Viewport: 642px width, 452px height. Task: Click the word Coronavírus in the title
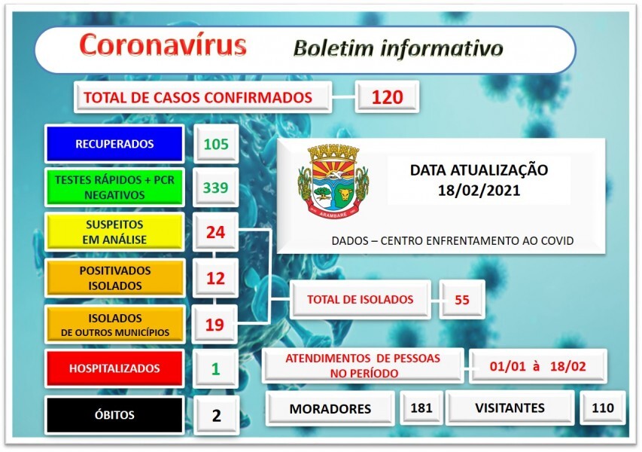pos(163,46)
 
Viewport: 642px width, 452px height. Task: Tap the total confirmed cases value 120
pos(386,97)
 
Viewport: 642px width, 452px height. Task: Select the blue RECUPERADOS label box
pos(114,144)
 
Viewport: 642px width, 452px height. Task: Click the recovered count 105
pos(215,144)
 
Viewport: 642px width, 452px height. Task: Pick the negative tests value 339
pos(215,188)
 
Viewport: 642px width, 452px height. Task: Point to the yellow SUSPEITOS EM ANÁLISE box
pos(114,232)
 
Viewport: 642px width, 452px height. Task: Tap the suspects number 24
pos(215,232)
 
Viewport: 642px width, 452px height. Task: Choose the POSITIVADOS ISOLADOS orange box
pos(114,278)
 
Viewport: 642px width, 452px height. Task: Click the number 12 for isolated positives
pos(215,279)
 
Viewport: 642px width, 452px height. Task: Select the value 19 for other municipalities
pos(215,325)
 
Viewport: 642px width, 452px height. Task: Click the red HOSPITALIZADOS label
pos(114,368)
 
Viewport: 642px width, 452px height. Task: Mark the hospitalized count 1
pos(215,369)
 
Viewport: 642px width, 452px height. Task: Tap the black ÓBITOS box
pos(114,414)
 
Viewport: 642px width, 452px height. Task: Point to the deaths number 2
pos(216,414)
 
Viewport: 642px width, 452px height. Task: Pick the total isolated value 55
pos(461,300)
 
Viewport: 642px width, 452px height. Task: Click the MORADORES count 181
pos(421,409)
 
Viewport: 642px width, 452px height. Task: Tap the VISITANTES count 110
pos(602,409)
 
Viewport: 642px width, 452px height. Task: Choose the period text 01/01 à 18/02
pos(537,367)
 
